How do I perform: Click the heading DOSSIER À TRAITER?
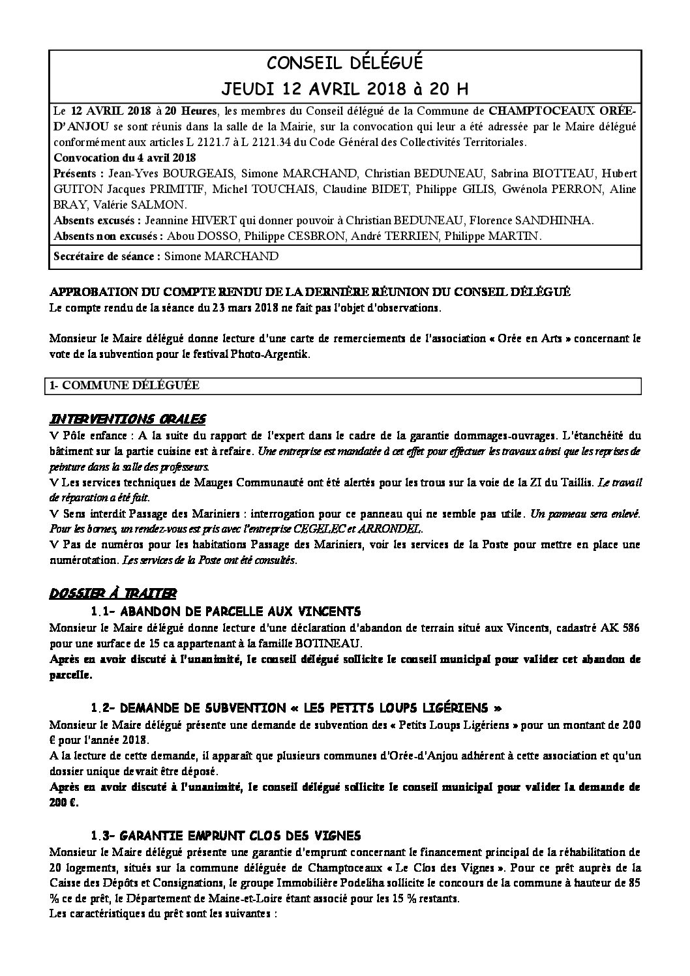[112, 594]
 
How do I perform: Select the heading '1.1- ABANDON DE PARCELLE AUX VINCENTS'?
[226, 612]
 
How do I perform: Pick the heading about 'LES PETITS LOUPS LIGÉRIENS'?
[297, 708]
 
